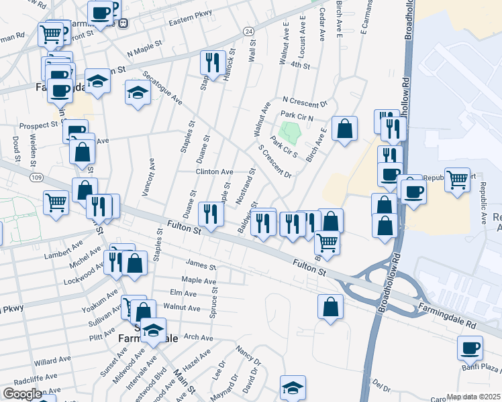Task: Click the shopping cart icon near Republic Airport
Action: click(457, 179)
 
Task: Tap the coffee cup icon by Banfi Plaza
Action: click(470, 347)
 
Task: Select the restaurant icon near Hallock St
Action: click(213, 63)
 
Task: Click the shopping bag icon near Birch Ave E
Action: click(344, 128)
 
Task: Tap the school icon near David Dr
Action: click(293, 387)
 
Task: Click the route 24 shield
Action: click(248, 31)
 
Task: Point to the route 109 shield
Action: click(38, 177)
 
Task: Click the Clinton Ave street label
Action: click(214, 172)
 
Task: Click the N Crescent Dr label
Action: click(303, 103)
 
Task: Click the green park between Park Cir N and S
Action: click(289, 131)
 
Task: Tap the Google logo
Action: click(22, 394)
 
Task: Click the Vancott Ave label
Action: click(148, 177)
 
